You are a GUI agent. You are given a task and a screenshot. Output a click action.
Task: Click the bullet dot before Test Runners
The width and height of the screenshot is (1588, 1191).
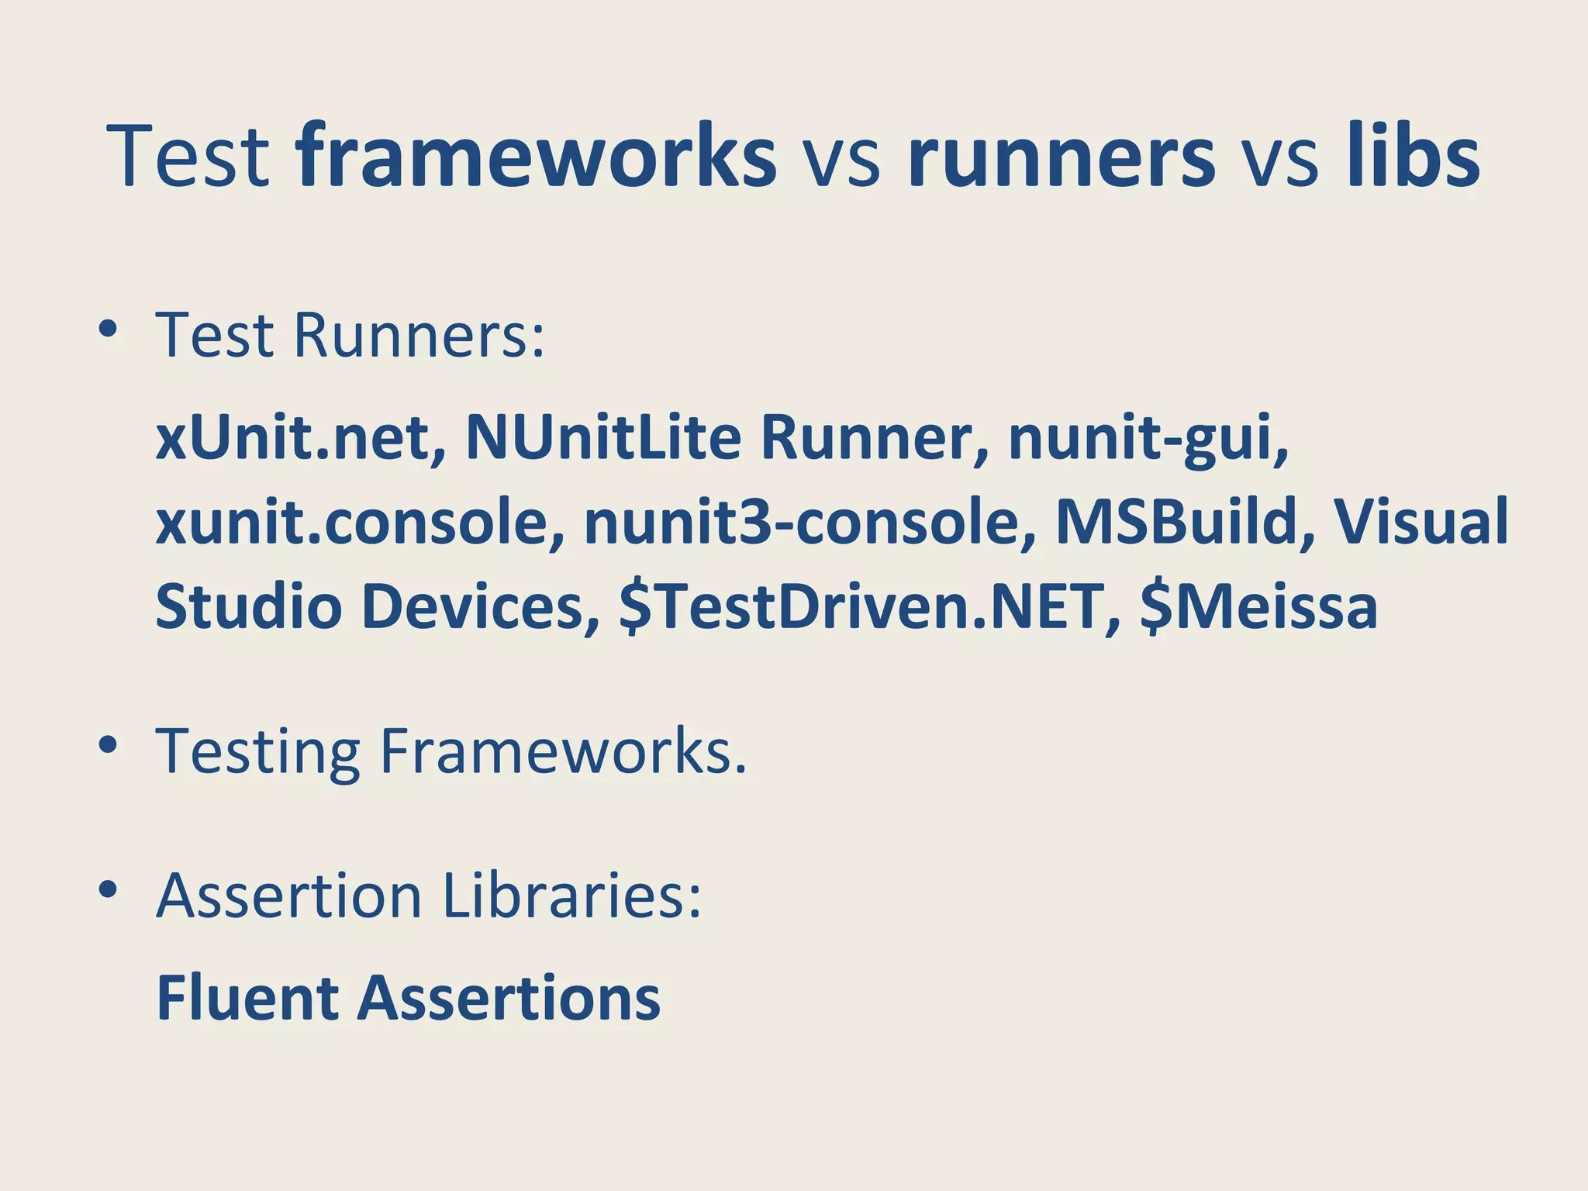point(108,330)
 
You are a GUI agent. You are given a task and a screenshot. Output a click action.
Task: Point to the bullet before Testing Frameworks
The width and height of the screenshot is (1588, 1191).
point(108,745)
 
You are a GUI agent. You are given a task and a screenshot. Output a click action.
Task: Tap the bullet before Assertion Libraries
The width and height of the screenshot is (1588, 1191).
point(108,889)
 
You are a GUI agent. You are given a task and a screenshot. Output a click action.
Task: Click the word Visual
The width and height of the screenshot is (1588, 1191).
point(1421,521)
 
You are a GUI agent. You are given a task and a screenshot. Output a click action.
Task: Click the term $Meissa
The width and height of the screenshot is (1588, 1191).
point(1258,606)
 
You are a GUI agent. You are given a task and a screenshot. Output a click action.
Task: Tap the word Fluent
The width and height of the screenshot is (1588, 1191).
point(247,998)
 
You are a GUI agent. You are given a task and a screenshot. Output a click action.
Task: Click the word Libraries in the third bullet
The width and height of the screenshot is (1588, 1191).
point(571,896)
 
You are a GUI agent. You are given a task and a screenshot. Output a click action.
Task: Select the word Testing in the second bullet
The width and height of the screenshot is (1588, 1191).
point(258,752)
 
